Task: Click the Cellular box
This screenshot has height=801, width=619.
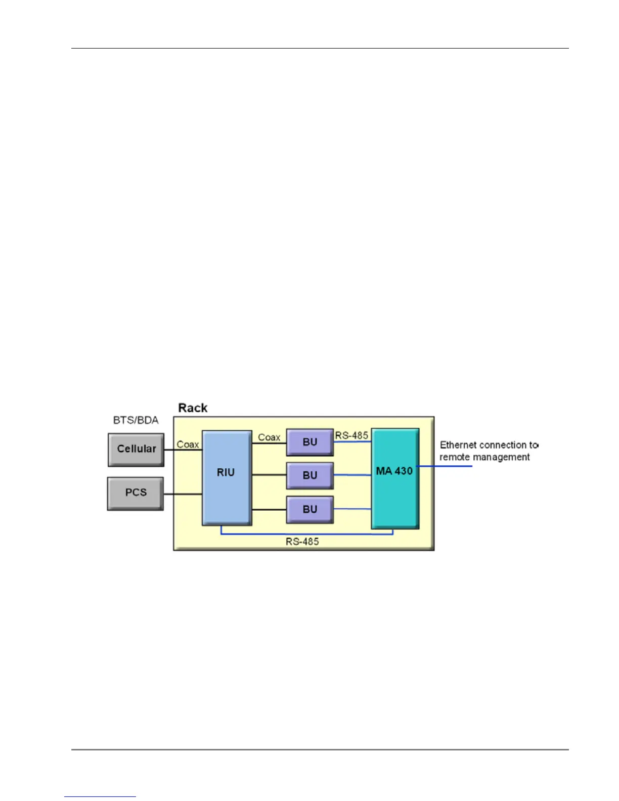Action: [136, 449]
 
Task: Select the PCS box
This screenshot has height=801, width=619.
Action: [136, 493]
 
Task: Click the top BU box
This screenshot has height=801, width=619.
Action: [309, 442]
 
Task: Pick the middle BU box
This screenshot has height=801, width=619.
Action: [309, 475]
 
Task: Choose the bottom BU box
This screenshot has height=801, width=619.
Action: [309, 509]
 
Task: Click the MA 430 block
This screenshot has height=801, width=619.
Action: [394, 478]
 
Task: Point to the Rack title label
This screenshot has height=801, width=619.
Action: [193, 408]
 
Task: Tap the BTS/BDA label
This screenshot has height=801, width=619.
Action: [136, 420]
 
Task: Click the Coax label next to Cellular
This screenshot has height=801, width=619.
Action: [188, 444]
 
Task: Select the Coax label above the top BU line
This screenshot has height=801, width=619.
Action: [269, 437]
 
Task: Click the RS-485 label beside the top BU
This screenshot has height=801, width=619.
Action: [351, 435]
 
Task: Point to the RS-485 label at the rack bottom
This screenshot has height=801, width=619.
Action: [302, 542]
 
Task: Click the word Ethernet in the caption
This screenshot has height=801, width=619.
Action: [458, 445]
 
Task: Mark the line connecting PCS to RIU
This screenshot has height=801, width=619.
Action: [183, 494]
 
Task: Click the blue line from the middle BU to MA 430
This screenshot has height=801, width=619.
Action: [352, 475]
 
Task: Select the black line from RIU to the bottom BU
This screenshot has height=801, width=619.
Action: [269, 509]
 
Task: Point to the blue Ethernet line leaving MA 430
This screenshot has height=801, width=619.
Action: [445, 466]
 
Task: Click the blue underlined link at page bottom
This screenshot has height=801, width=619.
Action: [100, 796]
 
